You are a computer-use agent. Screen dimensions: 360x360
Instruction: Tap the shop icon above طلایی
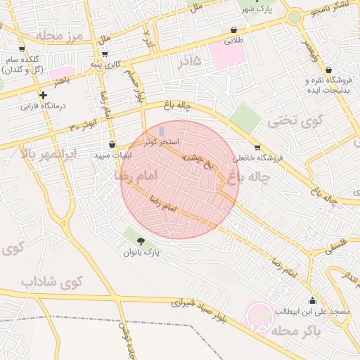(x=233, y=30)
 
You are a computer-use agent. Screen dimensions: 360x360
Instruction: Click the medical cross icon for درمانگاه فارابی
(x=44, y=95)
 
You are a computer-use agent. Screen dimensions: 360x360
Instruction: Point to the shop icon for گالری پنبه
(x=105, y=53)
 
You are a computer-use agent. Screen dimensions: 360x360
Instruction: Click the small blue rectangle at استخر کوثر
(x=162, y=131)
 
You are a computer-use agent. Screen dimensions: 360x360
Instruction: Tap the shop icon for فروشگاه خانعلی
(x=257, y=148)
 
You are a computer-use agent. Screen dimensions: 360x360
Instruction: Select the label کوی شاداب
(x=52, y=282)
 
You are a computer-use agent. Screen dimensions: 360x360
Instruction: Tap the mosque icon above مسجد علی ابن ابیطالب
(x=312, y=300)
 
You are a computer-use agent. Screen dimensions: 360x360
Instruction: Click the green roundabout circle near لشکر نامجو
(x=295, y=17)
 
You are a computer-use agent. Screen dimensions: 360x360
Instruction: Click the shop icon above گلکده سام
(x=22, y=49)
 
